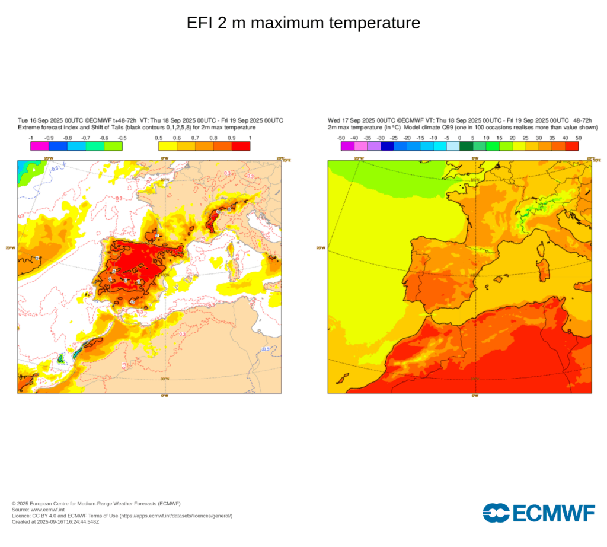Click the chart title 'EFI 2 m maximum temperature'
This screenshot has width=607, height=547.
303,23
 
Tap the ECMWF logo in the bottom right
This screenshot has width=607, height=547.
539,513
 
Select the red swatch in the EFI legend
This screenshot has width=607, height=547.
241,147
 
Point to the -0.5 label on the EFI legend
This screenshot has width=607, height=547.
122,138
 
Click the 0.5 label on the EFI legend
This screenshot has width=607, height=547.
159,138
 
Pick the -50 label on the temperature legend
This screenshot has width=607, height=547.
341,138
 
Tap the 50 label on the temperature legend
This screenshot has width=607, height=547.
578,138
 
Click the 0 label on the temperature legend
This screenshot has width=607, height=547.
459,138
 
